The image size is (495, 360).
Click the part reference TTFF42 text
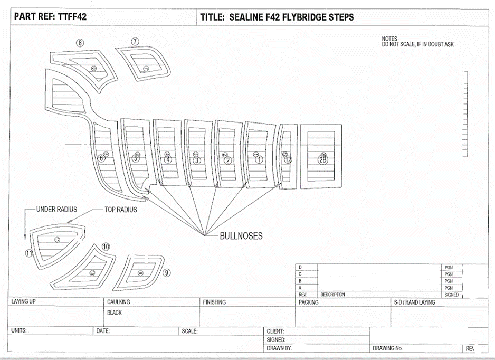(50, 17)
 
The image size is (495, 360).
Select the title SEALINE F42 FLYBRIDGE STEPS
(277, 17)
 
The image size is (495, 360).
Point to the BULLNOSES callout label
(241, 236)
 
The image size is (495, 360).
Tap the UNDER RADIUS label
(56, 210)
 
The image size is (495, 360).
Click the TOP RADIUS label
(120, 210)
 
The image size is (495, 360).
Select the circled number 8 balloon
(80, 43)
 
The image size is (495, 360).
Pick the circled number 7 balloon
(135, 41)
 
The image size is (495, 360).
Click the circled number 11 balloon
(29, 253)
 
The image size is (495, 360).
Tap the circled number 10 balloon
(106, 247)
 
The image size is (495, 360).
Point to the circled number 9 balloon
(167, 272)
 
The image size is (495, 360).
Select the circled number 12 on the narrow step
(288, 159)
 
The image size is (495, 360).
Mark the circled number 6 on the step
(102, 158)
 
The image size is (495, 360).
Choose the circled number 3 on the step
(197, 160)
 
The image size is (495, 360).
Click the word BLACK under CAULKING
(115, 312)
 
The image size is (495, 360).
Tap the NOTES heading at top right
(389, 39)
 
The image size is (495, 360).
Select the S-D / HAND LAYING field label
(414, 302)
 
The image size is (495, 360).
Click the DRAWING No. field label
(388, 348)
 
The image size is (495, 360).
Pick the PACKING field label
(308, 302)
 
